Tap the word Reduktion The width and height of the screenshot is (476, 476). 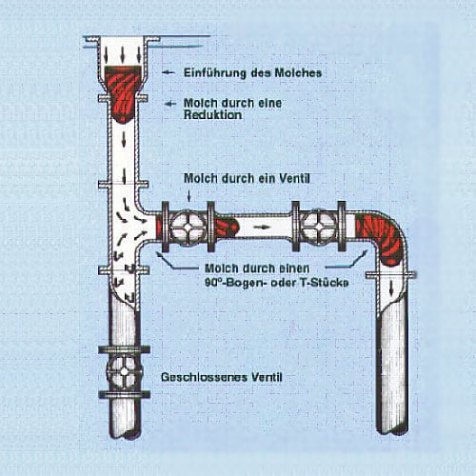[x=212, y=115]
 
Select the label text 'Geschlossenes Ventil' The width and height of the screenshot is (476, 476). [x=222, y=377]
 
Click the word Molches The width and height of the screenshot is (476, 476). [x=298, y=73]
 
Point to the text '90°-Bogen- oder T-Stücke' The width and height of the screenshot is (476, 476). [x=277, y=282]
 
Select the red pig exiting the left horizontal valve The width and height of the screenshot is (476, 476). [x=226, y=227]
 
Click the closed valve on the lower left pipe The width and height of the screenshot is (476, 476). [x=125, y=371]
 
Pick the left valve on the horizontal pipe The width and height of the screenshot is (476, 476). [x=188, y=227]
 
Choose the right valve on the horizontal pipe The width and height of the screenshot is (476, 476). [x=319, y=227]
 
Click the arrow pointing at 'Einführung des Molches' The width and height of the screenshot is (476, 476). [x=169, y=72]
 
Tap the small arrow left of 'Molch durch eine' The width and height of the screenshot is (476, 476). [x=170, y=104]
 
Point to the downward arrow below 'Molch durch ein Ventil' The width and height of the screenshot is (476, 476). [x=189, y=195]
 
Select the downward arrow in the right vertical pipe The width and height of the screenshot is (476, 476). [x=391, y=288]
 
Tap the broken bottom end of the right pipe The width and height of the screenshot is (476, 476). [x=392, y=432]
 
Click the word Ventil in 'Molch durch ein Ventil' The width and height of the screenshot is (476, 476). [x=294, y=178]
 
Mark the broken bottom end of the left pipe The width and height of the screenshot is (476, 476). [x=125, y=434]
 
